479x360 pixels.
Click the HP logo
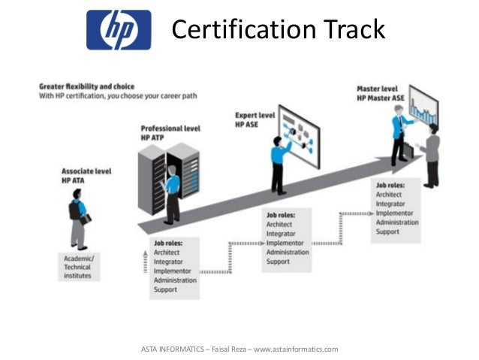click(x=118, y=30)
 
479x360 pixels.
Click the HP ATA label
click(x=76, y=181)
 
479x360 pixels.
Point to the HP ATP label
click(x=152, y=138)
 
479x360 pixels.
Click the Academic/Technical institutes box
click(x=78, y=266)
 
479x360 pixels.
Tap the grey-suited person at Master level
click(x=431, y=154)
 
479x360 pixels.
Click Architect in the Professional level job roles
click(x=166, y=253)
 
